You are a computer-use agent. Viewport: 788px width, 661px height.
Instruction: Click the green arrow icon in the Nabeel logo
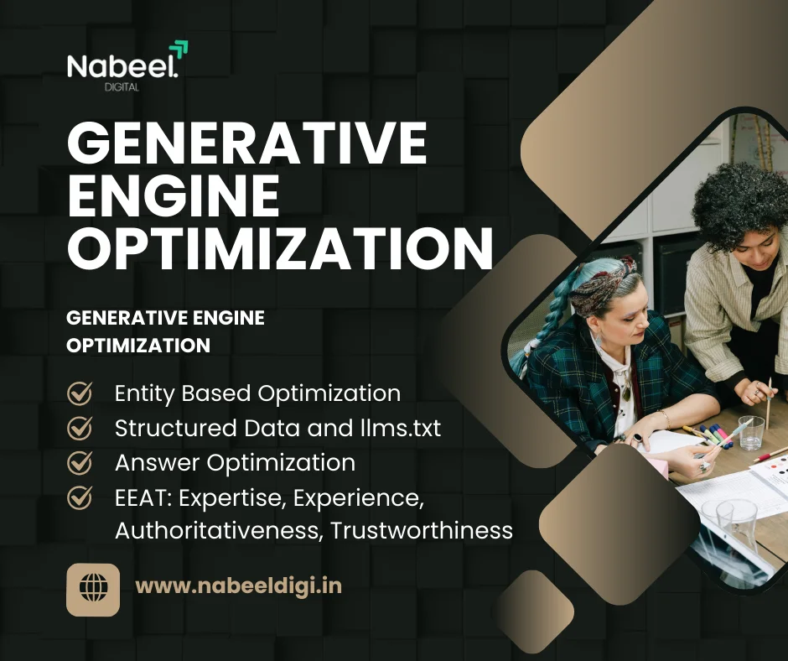(x=179, y=49)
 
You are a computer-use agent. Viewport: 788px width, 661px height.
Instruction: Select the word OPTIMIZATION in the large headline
(x=279, y=247)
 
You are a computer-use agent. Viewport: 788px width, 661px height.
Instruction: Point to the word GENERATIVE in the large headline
(x=247, y=143)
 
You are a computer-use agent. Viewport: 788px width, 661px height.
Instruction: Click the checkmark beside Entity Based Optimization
(x=80, y=393)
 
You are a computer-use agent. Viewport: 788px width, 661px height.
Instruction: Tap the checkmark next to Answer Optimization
(x=80, y=462)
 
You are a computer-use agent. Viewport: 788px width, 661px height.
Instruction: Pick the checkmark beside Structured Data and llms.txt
(x=80, y=428)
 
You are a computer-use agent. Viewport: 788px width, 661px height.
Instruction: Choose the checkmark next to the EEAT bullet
(x=80, y=497)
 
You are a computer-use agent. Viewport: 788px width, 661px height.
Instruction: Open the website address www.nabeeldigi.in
(x=238, y=586)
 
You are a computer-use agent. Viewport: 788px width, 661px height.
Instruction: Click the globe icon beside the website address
(x=93, y=587)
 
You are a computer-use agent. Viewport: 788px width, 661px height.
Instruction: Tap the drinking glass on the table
(x=751, y=432)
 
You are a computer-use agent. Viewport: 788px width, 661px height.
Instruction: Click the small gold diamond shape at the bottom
(x=534, y=606)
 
